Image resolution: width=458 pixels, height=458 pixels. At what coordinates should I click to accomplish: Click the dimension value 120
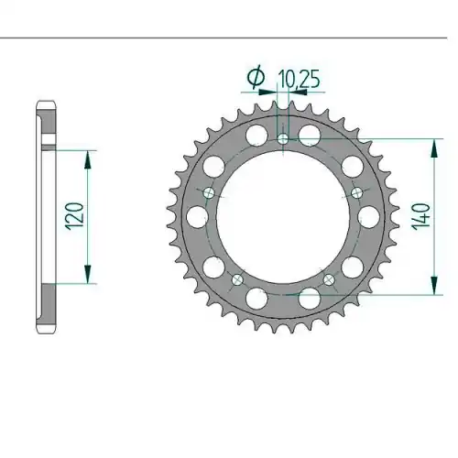point(74,216)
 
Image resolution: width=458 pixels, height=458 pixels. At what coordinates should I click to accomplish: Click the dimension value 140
point(421,217)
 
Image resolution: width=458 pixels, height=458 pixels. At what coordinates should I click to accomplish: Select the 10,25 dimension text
point(299,80)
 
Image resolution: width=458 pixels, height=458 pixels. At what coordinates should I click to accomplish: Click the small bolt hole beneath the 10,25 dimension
point(283,139)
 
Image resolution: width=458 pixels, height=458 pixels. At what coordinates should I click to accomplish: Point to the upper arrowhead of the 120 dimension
point(88,159)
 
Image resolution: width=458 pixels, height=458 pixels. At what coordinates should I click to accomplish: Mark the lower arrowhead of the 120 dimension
point(88,274)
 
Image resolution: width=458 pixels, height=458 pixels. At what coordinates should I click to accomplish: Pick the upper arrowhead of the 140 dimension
point(434,148)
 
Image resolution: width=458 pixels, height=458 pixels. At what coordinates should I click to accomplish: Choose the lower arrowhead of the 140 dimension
point(434,286)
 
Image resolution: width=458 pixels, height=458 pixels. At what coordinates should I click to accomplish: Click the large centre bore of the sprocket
point(283,217)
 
